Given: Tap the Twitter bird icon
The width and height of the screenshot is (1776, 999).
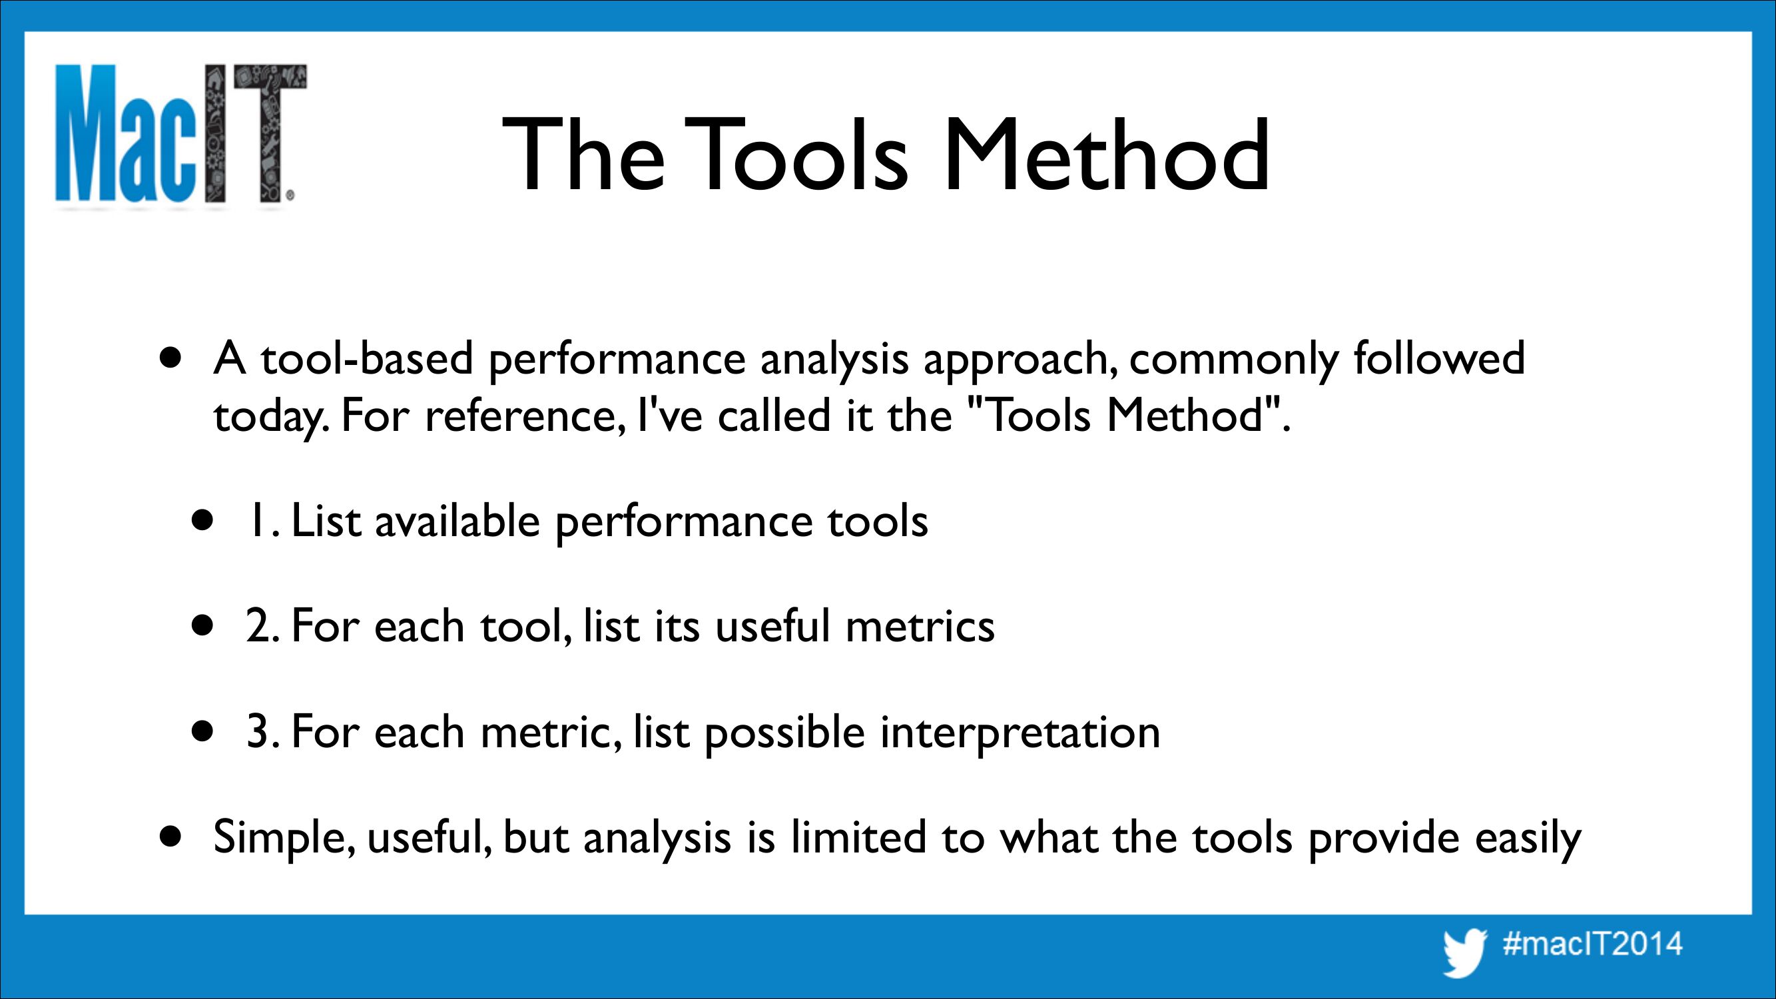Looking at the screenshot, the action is pos(1464,952).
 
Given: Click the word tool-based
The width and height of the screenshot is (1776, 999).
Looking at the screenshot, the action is pos(367,358).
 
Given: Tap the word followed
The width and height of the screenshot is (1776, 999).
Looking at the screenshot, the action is pos(1439,358).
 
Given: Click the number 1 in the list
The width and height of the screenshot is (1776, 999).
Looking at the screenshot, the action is pos(256,521).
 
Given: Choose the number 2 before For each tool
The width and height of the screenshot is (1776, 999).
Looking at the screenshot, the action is pos(258,626).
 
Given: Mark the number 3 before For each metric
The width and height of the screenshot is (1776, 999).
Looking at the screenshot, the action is pos(258,731).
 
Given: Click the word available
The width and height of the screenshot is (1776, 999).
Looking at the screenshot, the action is pos(457,521).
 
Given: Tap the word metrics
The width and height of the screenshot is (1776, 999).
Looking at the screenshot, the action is pos(920,627).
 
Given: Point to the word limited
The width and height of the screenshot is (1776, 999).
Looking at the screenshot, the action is pos(858,837).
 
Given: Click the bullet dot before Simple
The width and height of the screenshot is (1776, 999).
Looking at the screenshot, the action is pos(170,837).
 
